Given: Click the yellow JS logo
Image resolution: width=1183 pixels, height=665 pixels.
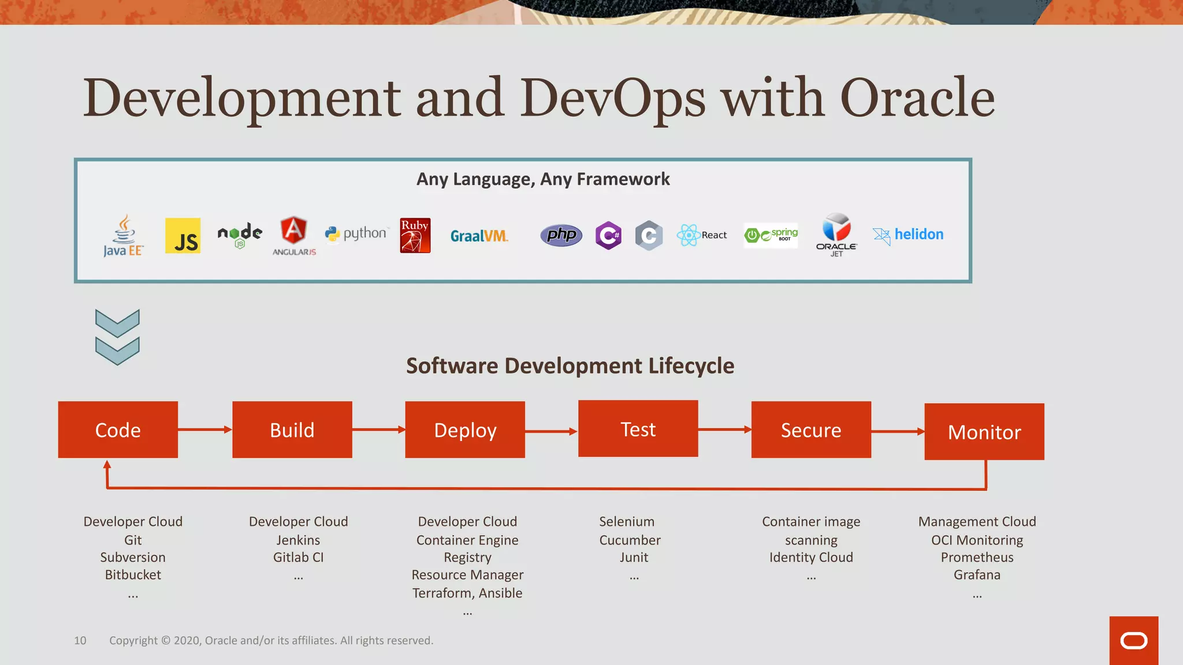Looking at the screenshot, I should tap(183, 236).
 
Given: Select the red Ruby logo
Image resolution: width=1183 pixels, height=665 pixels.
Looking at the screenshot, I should tap(415, 235).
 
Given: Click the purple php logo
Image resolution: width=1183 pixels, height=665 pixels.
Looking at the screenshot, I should tap(561, 235).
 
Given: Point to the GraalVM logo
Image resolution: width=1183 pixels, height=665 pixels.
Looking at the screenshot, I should tap(479, 236).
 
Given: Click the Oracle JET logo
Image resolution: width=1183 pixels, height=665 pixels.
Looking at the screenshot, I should tap(836, 234).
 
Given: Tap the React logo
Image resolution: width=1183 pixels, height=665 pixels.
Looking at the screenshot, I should tap(701, 235).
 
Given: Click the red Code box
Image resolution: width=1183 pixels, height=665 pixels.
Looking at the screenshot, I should tap(118, 429).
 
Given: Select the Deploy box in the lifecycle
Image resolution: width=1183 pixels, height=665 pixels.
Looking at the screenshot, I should tap(465, 429).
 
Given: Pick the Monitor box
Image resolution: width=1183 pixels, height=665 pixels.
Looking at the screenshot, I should tap(984, 431).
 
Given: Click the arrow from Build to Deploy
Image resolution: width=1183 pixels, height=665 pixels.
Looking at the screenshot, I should tap(378, 429).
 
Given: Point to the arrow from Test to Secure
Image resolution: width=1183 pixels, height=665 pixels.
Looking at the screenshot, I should tap(724, 429).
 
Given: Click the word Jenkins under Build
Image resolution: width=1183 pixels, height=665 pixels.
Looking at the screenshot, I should tap(298, 540).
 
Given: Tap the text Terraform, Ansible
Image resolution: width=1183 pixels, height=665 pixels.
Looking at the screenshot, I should tap(467, 593).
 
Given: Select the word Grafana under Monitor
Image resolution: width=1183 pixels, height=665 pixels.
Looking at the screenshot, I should tap(977, 574).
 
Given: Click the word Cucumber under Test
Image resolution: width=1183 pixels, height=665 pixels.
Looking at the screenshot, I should tap(630, 540).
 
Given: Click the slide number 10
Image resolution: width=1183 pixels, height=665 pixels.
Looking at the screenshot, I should tap(80, 640).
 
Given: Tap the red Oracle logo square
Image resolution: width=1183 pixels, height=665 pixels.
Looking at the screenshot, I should tap(1133, 640).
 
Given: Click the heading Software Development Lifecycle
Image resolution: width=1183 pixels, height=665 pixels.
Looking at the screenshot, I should tap(570, 365).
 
